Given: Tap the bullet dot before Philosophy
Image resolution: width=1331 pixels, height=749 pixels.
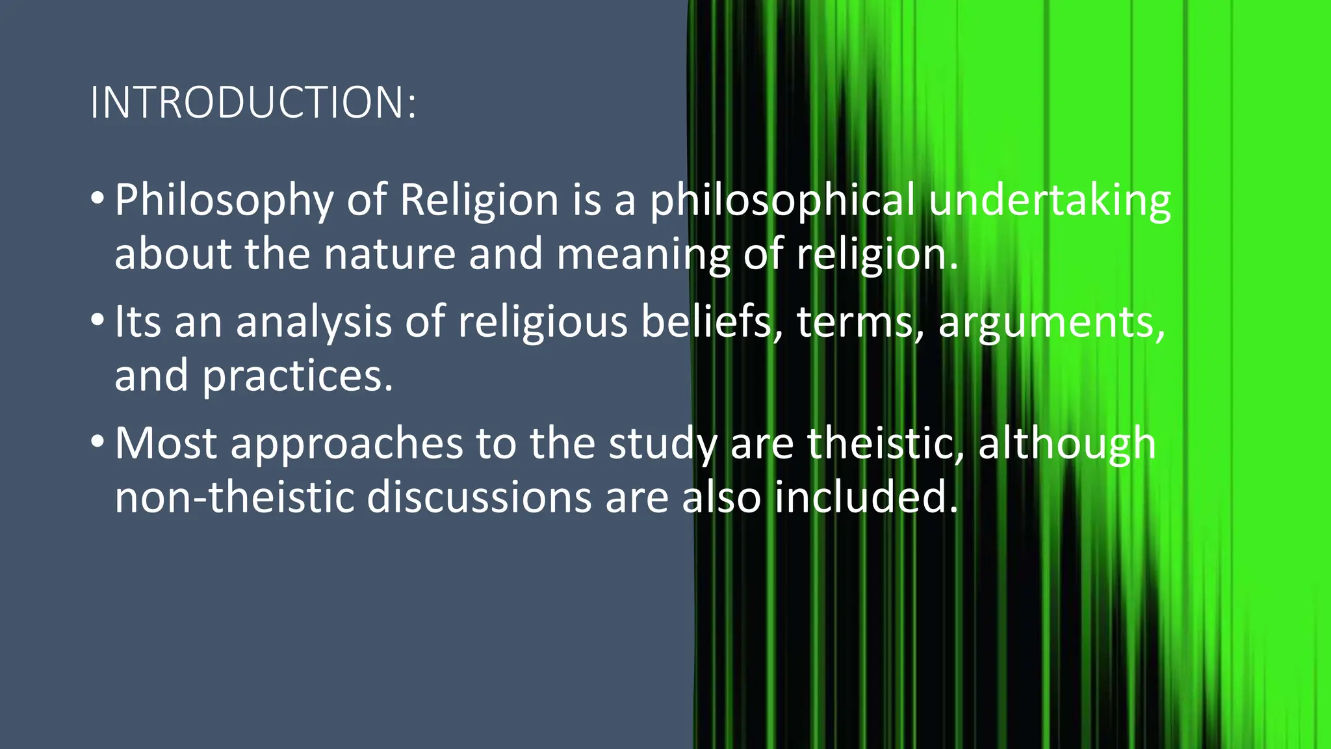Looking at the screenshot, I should click(x=97, y=198).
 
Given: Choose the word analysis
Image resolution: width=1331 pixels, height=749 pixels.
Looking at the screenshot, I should click(x=314, y=323).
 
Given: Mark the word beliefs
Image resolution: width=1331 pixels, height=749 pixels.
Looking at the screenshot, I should click(x=711, y=322).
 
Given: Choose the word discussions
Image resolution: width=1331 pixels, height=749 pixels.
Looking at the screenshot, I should click(x=480, y=497).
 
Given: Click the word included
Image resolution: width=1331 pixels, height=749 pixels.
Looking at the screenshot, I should click(x=866, y=497).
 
